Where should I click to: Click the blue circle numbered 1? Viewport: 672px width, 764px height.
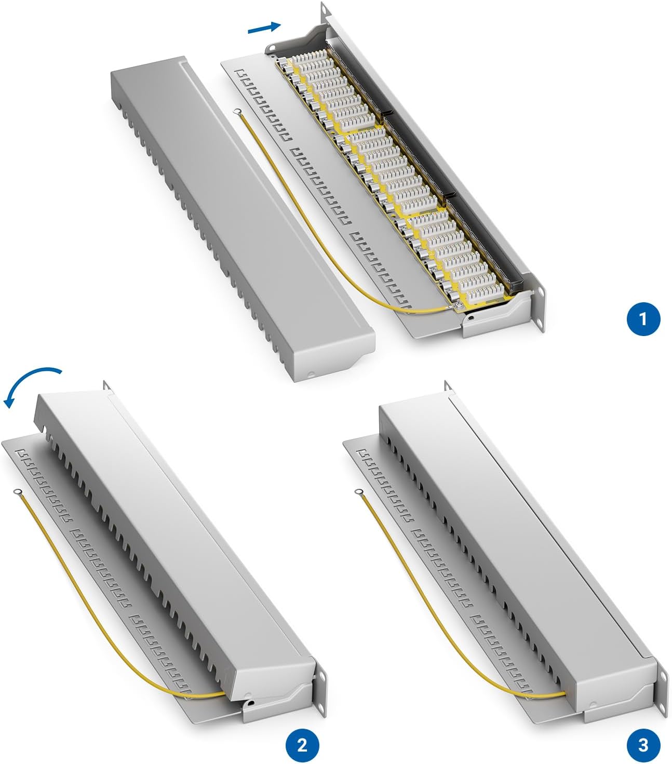643,319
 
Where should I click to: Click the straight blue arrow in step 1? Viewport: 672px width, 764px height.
264,28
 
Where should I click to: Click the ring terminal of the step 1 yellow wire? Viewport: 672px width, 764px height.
237,112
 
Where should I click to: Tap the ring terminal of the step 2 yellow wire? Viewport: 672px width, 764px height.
17,491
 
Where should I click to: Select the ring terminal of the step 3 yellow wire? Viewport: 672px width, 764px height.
359,491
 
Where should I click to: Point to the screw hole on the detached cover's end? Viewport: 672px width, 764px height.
311,375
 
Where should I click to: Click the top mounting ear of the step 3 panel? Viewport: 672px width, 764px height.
448,386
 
